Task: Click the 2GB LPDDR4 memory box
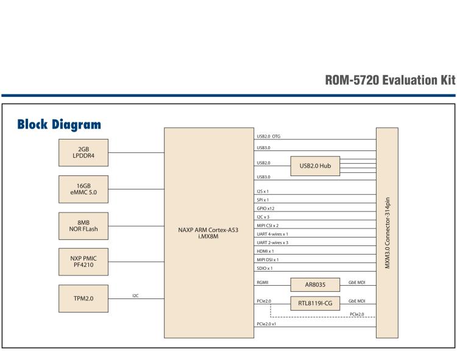[84, 152]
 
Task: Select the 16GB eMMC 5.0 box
[84, 188]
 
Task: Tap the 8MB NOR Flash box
[84, 225]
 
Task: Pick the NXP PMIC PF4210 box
[84, 261]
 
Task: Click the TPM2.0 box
[84, 298]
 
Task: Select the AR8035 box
[315, 284]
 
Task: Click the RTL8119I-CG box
[315, 303]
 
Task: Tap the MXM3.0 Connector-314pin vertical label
[387, 233]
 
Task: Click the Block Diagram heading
[59, 125]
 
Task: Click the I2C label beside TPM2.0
[136, 295]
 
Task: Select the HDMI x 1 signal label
[265, 251]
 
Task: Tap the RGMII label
[263, 283]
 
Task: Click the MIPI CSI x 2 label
[268, 225]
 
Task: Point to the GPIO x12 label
[266, 208]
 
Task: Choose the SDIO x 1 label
[264, 268]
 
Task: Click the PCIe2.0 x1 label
[268, 324]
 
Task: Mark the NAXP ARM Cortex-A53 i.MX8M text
[209, 233]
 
